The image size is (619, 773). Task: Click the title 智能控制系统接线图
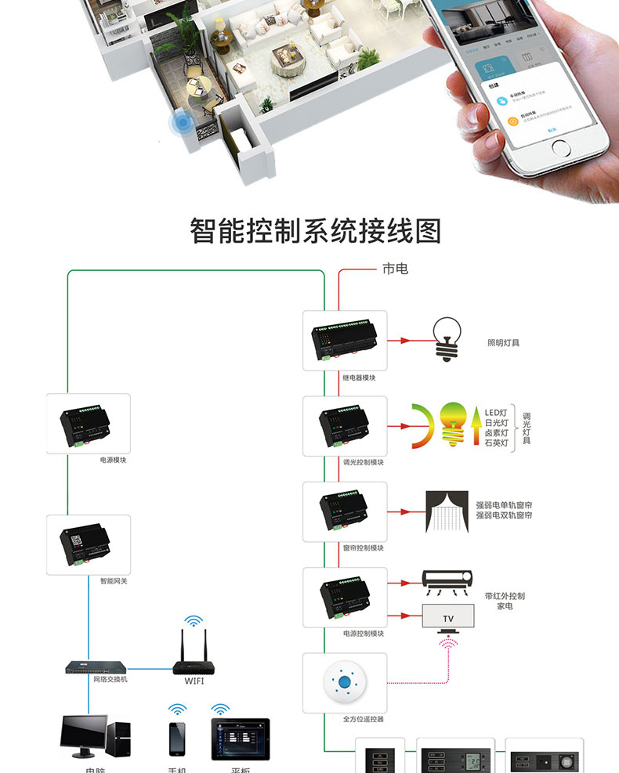coord(316,231)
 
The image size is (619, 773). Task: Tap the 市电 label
coord(395,269)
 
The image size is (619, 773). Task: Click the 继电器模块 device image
coord(345,340)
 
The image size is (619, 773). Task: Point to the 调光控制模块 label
coord(364,462)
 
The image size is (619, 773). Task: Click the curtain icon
coord(446,511)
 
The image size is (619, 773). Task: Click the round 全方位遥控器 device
coord(345,683)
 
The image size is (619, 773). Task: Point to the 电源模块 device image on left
coord(88,424)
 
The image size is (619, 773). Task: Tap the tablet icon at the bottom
coord(239,739)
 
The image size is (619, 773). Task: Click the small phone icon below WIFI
coord(178,739)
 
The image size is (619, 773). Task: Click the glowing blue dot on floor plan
coord(183,123)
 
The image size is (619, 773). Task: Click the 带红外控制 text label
coord(505,596)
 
